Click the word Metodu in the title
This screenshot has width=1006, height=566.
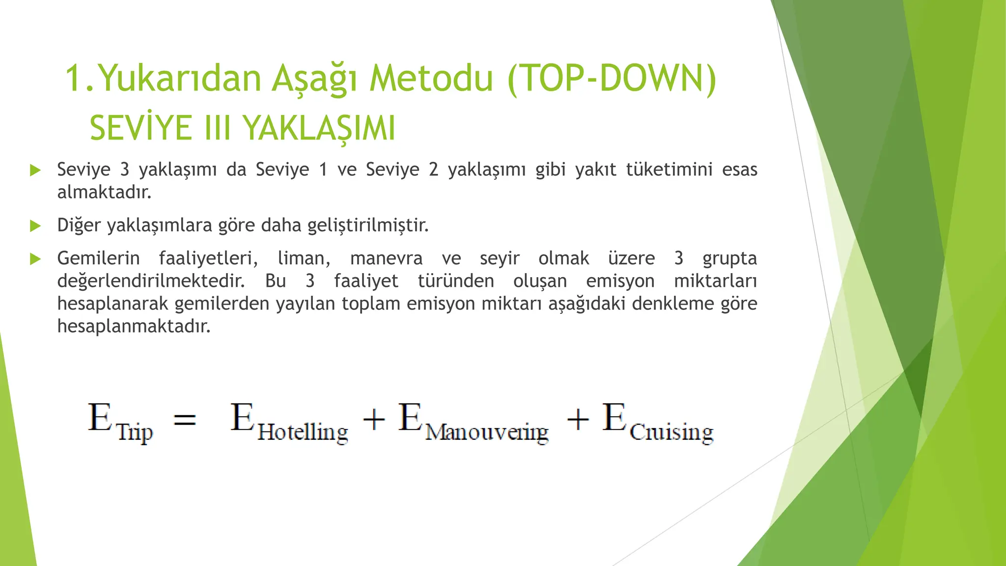tap(431, 79)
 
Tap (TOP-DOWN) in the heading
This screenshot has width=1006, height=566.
tap(612, 79)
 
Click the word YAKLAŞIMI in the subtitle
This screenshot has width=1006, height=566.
tap(319, 128)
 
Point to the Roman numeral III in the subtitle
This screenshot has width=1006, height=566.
tap(217, 128)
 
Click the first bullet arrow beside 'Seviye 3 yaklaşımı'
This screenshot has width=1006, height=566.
tap(35, 170)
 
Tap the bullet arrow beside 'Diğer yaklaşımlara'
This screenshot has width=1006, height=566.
tap(35, 226)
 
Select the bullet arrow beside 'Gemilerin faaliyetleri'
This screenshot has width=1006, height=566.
tap(35, 259)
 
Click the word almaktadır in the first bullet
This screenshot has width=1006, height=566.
tap(104, 192)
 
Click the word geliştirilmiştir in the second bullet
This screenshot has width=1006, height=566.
tap(368, 226)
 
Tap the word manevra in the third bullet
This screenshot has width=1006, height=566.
tap(386, 258)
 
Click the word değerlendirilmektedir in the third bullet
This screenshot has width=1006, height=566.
tap(151, 281)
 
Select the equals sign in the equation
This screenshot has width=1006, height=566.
tap(185, 420)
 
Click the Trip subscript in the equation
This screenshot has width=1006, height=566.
tap(135, 433)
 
